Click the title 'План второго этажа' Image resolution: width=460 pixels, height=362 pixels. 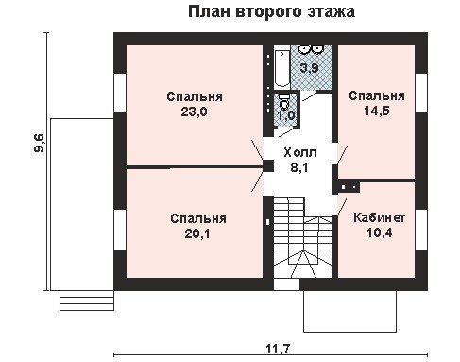click(x=271, y=12)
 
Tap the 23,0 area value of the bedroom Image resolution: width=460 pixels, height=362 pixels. click(x=194, y=112)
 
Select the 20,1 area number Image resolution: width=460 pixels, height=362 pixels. click(x=197, y=233)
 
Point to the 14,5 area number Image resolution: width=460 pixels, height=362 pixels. click(x=377, y=111)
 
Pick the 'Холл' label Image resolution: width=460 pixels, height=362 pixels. click(x=300, y=153)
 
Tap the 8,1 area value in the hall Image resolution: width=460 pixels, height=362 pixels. click(x=299, y=167)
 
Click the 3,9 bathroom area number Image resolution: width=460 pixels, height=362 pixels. click(x=310, y=68)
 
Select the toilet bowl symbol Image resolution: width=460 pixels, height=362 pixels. click(x=284, y=101)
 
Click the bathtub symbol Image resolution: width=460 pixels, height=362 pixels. click(x=282, y=68)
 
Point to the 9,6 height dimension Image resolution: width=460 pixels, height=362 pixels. click(x=40, y=143)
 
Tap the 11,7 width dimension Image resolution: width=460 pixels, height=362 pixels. click(x=278, y=349)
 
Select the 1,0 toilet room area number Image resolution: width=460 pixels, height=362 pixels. click(x=286, y=115)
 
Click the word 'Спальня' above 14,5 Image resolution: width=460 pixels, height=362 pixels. click(x=377, y=95)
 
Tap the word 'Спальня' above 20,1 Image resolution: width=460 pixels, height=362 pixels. click(x=198, y=218)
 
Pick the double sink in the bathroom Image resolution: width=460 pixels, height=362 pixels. click(x=310, y=48)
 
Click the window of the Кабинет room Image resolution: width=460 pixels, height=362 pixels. click(x=421, y=229)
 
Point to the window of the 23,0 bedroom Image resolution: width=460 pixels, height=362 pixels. click(x=120, y=93)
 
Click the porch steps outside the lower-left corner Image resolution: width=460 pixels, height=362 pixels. click(x=87, y=301)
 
